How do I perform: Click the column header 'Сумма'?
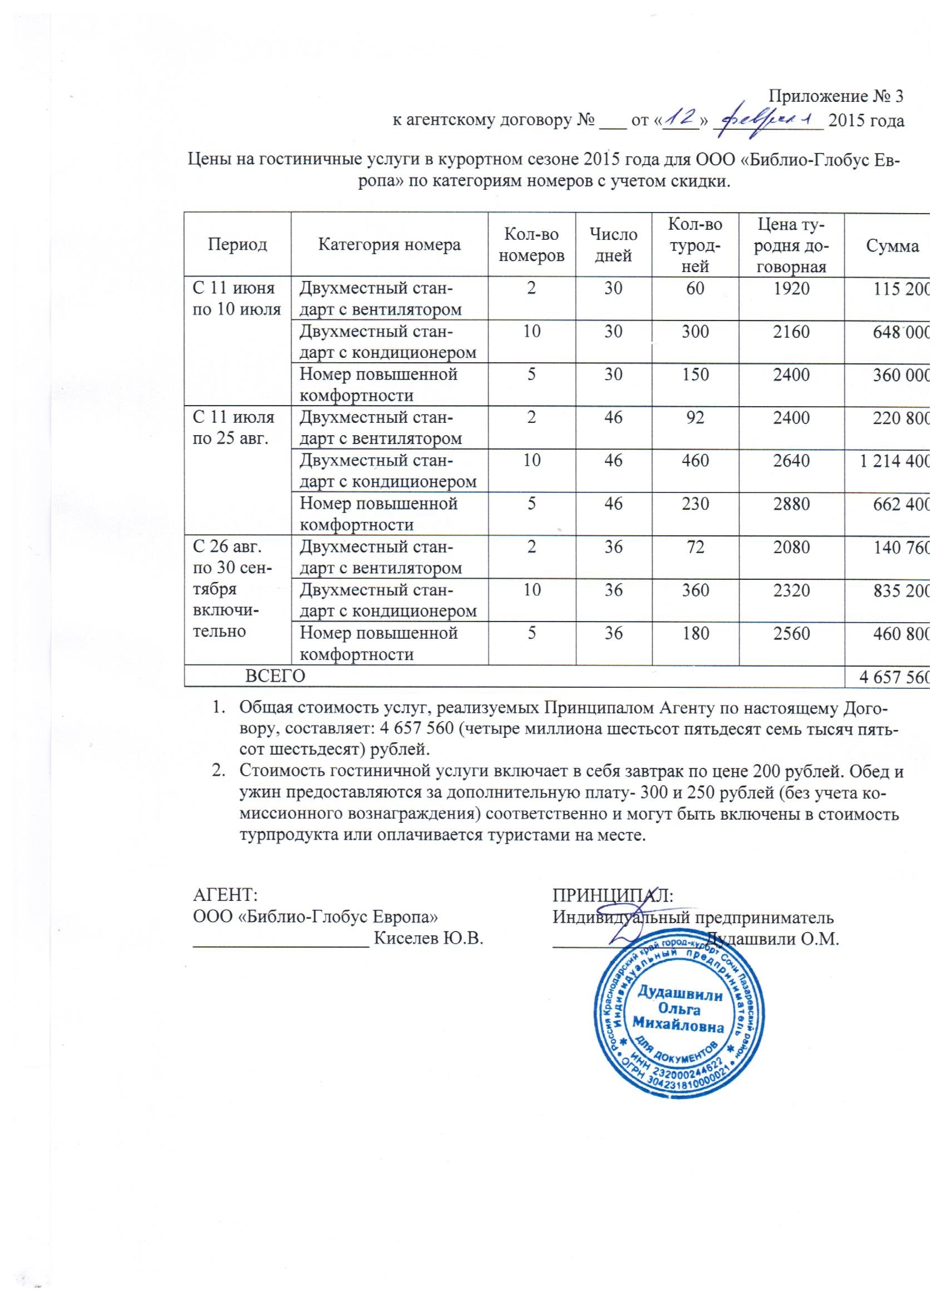click(x=892, y=246)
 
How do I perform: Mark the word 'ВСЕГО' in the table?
click(x=275, y=676)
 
